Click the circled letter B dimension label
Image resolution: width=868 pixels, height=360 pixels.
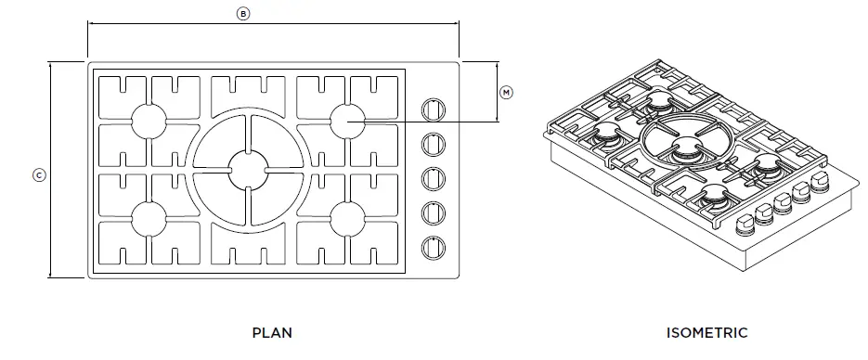(243, 14)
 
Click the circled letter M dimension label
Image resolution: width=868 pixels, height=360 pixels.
(506, 92)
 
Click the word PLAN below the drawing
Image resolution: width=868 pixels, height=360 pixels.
(272, 332)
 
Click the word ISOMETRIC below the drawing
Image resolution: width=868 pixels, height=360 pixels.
(706, 332)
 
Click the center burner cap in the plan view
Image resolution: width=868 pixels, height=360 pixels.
(248, 170)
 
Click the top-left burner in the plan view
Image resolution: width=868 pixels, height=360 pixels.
(149, 121)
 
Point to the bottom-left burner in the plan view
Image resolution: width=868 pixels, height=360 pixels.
(149, 218)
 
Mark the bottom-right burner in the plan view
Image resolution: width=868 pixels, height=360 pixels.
(347, 218)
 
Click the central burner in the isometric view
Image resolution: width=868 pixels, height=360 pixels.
(688, 148)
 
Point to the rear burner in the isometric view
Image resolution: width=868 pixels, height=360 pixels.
(660, 98)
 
